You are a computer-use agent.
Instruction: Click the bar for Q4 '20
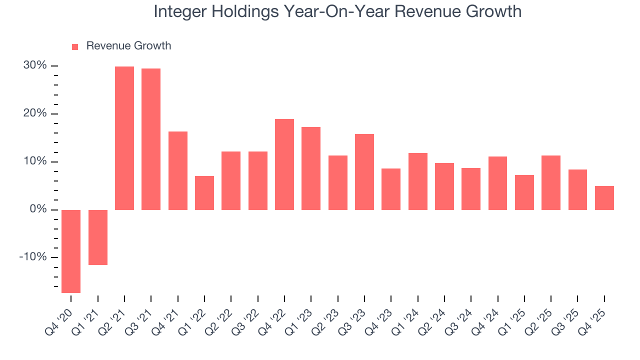pos(71,251)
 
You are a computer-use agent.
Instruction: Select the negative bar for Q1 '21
pos(98,237)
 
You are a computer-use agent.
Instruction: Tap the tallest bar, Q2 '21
pos(124,138)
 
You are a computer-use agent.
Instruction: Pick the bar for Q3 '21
pos(151,139)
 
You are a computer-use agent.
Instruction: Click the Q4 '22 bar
pos(284,164)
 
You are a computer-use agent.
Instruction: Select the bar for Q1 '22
pos(204,192)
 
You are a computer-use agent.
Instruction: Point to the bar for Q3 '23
pos(364,171)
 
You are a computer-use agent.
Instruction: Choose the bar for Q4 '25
pos(604,197)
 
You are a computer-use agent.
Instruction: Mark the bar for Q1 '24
pos(418,181)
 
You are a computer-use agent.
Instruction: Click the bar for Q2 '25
pos(551,182)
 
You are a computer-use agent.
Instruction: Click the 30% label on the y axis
pos(35,66)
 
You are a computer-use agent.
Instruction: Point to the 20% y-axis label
pos(35,113)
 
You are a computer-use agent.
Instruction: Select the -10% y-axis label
pos(33,257)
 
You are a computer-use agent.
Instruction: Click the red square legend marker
pos(75,46)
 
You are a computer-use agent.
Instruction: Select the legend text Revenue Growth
pos(128,46)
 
